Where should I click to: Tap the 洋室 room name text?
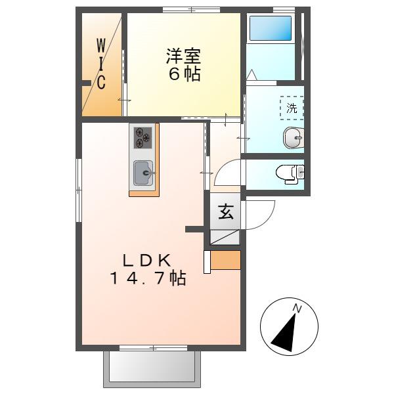183,56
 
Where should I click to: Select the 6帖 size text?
185,74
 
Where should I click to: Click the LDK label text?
147,261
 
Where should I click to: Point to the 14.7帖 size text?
148,278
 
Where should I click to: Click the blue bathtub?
271,28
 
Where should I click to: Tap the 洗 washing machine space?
292,108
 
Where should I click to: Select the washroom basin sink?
294,138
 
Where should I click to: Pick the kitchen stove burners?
142,138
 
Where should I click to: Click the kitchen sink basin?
142,173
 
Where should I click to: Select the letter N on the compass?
297,309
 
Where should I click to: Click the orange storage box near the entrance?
225,260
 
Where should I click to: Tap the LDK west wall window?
79,190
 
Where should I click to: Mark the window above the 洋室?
192,10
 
